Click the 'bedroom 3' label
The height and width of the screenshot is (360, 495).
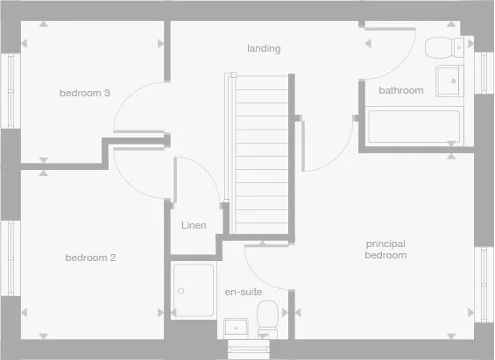point(84,93)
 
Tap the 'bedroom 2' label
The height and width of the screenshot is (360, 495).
point(90,258)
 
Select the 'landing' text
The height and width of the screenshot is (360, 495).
point(264,49)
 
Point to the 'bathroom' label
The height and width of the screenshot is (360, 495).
point(400,90)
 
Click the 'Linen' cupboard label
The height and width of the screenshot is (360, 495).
point(194,226)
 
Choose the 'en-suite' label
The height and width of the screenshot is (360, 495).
point(244,291)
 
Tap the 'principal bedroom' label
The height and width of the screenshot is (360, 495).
point(386,249)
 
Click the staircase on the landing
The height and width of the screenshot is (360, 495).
point(262,153)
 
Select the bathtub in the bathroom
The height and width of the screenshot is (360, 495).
point(413,126)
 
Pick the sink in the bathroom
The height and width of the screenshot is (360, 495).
point(449,79)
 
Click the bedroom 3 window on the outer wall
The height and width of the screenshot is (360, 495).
point(11,91)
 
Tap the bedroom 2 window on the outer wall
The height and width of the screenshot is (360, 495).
point(11,258)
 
